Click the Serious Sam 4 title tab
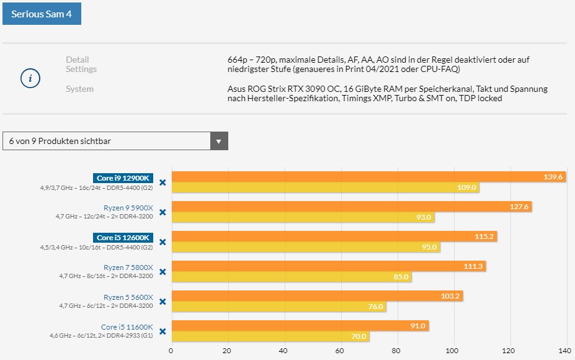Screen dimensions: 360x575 tap(42, 13)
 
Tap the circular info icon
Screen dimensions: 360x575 tap(30, 79)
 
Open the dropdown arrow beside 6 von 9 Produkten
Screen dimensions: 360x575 tap(218, 141)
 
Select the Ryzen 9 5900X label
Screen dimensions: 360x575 tap(128, 208)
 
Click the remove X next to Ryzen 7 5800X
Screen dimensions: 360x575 tap(163, 272)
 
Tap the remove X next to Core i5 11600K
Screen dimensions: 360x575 tap(163, 331)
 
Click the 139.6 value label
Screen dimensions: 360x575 tap(553, 178)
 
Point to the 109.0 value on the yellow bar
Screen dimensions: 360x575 tap(466, 187)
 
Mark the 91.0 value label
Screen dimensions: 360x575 tap(417, 326)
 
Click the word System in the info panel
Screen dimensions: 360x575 tap(79, 89)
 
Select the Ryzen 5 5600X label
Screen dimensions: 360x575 tap(128, 297)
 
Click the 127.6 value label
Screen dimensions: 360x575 tap(519, 207)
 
